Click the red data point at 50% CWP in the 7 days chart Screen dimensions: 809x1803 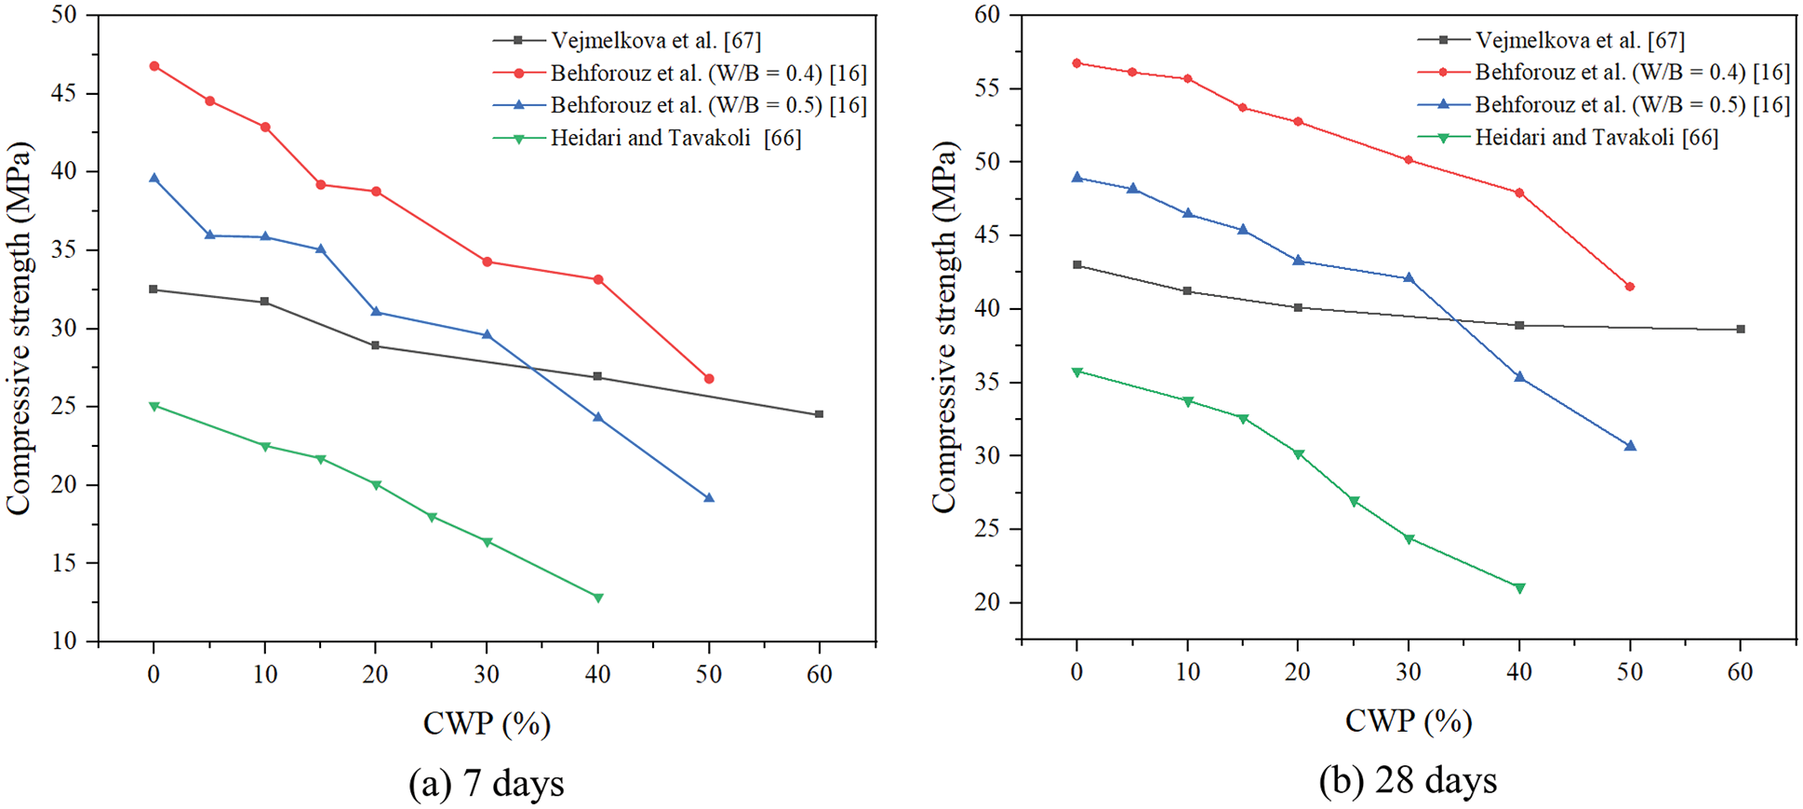click(709, 379)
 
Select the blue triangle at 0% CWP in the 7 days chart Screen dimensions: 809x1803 click(154, 178)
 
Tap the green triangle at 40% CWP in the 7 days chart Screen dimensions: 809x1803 click(598, 598)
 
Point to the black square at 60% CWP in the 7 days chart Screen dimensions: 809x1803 click(819, 414)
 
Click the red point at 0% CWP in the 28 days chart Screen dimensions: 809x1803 click(1077, 63)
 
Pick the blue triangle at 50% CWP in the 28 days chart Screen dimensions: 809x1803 click(1630, 446)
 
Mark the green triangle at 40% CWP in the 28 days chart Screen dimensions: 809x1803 click(1520, 588)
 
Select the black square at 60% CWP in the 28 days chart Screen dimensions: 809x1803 click(1741, 330)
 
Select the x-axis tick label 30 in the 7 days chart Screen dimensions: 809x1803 click(487, 674)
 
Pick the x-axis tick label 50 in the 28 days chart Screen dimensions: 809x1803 click(1630, 671)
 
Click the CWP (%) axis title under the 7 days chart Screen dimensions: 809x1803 click(487, 723)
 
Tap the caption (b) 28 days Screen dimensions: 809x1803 click(1408, 781)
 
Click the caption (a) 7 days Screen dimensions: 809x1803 click(487, 784)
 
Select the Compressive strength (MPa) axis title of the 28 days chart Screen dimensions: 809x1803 click(944, 327)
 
